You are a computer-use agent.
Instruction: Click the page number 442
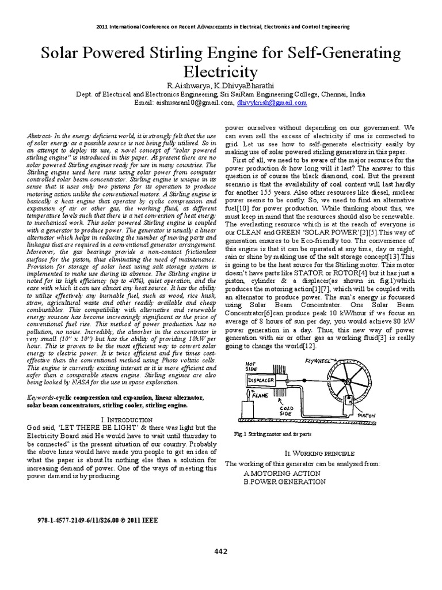pos(220,551)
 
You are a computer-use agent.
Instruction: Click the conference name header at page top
pos(220,27)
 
